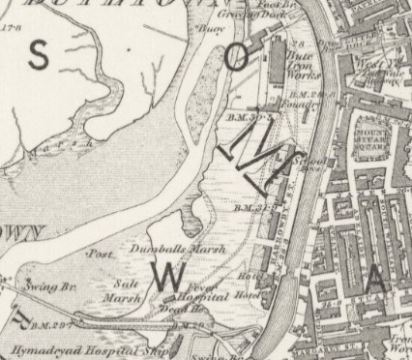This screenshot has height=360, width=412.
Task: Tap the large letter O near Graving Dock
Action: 236,57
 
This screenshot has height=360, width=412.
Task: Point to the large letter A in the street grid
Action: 375,282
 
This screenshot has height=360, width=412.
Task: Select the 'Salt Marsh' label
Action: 123,290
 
